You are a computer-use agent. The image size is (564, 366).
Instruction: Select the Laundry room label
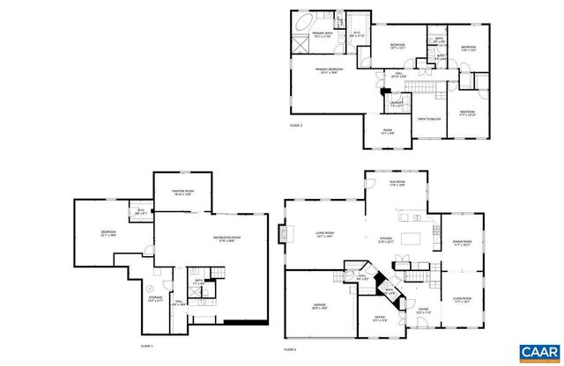coord(397,104)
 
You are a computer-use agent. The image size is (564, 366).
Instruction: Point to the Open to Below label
coord(429,117)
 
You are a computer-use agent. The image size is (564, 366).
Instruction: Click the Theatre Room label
coord(182,194)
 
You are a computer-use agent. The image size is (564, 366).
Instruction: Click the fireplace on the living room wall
coord(284,233)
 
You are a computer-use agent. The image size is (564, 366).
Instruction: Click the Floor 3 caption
coord(296,126)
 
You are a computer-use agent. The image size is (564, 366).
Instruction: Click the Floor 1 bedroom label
coord(109,234)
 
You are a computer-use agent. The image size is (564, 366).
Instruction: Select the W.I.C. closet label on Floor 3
coord(356,35)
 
